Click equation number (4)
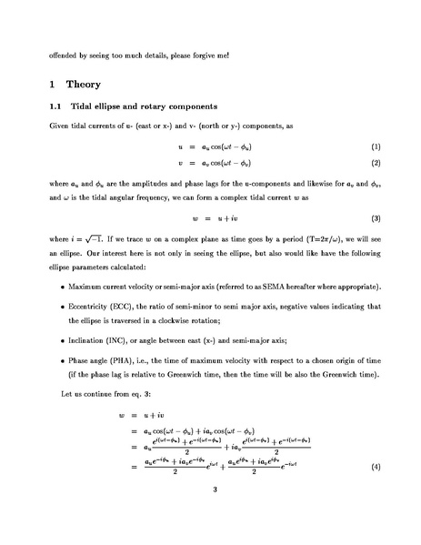[375, 467]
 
